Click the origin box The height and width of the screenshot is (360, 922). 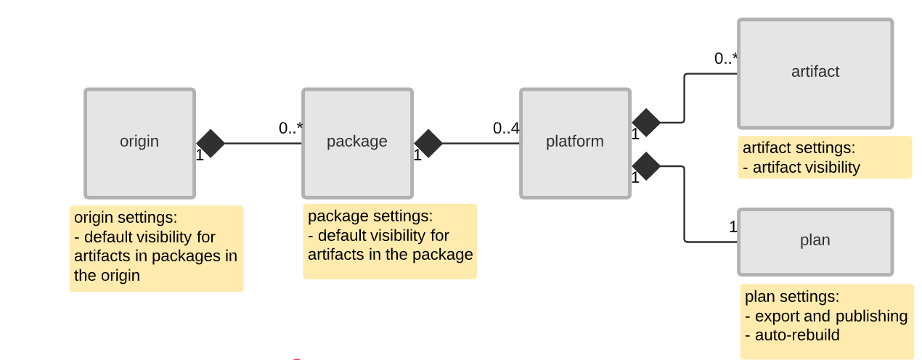(x=139, y=143)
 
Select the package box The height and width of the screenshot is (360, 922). (x=357, y=143)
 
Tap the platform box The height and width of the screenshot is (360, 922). (x=575, y=143)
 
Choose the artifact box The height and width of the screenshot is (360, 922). (x=815, y=73)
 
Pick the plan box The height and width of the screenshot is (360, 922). (x=815, y=242)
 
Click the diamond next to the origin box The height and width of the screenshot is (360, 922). (x=211, y=144)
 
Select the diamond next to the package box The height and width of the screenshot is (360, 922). (x=428, y=144)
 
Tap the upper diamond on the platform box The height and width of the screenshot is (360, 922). (x=646, y=123)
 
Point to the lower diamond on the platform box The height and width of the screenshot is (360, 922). (x=646, y=166)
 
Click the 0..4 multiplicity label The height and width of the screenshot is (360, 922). (x=506, y=128)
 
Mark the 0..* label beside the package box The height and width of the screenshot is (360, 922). (x=290, y=128)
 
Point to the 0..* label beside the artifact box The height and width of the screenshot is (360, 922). (x=726, y=60)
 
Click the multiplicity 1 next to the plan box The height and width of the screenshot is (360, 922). (x=733, y=227)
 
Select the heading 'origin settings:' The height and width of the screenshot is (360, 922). (x=126, y=218)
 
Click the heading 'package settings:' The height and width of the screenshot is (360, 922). (x=370, y=216)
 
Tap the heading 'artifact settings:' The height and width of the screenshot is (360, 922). (x=799, y=148)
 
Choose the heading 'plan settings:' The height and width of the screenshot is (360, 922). (x=791, y=297)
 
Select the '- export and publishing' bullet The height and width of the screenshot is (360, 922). (x=826, y=316)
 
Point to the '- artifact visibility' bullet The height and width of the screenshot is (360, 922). (x=801, y=168)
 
